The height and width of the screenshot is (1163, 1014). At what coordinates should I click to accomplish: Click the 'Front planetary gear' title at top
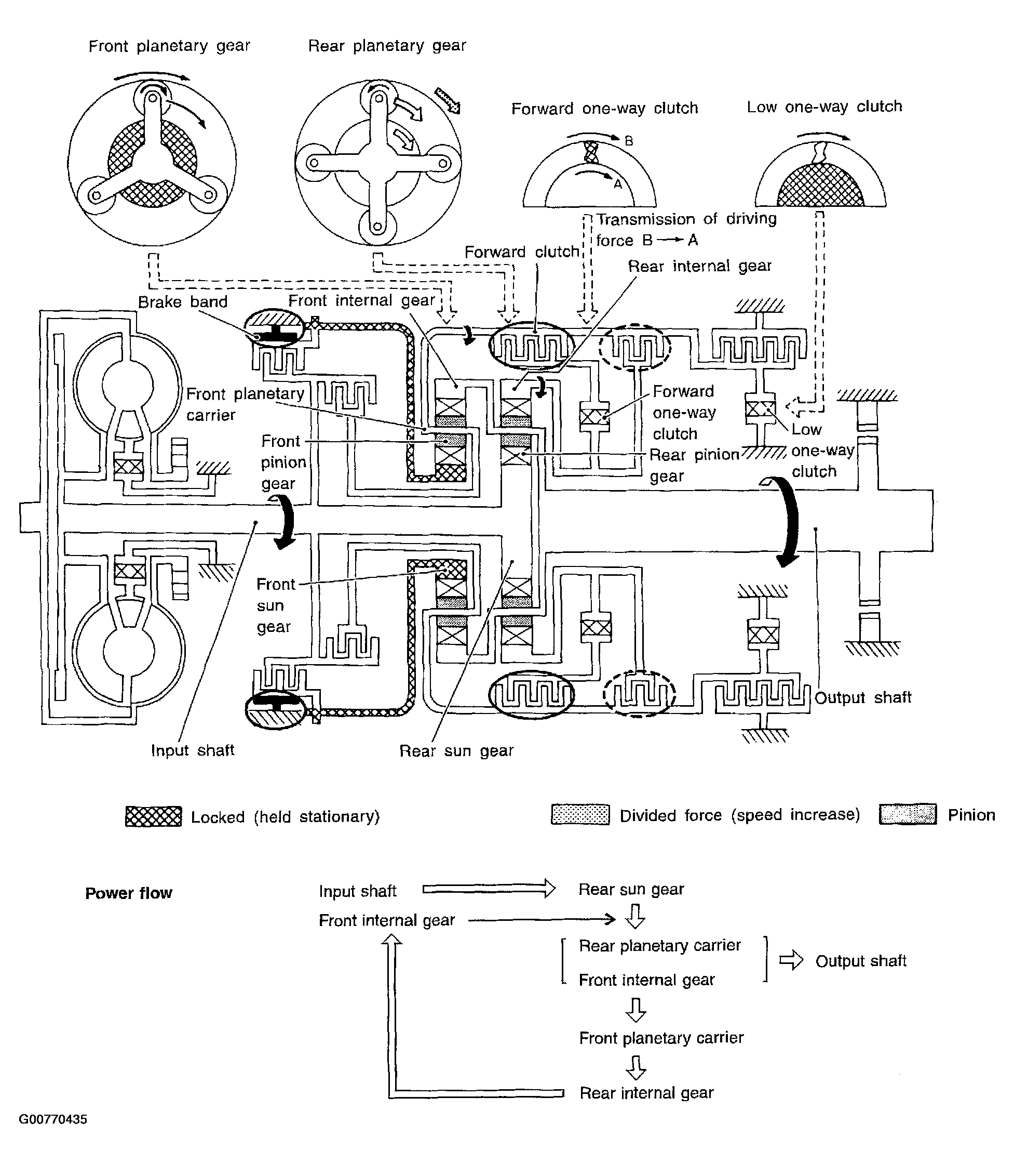[169, 46]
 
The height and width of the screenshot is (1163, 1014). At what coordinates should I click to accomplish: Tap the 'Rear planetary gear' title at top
[387, 45]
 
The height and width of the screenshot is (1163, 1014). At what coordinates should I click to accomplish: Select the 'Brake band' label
[183, 302]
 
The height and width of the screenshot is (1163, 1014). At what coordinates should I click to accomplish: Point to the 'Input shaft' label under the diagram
[193, 750]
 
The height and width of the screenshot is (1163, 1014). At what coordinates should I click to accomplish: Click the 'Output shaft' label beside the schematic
[863, 697]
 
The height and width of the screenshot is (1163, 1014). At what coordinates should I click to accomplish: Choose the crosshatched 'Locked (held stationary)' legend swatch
[153, 816]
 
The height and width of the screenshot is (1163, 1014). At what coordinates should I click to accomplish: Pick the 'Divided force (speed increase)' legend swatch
[580, 815]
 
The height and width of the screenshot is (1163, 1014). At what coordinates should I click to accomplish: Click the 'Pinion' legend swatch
[908, 814]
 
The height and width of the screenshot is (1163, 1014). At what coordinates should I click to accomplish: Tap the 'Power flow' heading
[128, 893]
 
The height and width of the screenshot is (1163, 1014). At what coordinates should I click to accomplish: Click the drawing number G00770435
[53, 1119]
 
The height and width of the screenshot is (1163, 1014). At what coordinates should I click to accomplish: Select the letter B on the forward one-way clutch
[629, 141]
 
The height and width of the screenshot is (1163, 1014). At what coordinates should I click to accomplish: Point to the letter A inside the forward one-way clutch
[618, 183]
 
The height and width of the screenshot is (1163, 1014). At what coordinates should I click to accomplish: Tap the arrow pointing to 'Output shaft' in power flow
[791, 961]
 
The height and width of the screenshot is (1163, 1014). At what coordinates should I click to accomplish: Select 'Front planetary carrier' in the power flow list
[661, 1038]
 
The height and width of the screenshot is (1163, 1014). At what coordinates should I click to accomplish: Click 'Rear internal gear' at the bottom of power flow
[647, 1093]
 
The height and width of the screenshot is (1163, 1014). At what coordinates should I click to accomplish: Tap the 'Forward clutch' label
[522, 252]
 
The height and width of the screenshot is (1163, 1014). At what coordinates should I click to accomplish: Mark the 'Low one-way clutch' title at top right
[824, 107]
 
